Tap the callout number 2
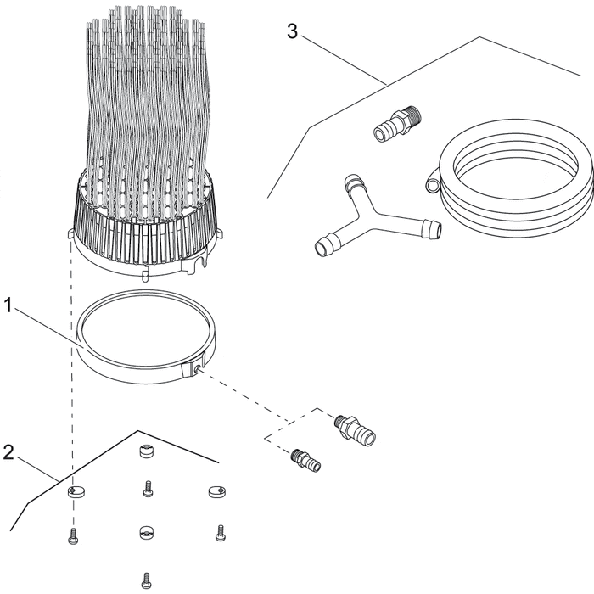(8, 451)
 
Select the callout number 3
(292, 32)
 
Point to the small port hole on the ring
(196, 370)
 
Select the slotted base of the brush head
(144, 233)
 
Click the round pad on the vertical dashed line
(76, 491)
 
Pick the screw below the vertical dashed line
(71, 535)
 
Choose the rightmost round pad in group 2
(216, 491)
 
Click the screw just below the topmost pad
(147, 489)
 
